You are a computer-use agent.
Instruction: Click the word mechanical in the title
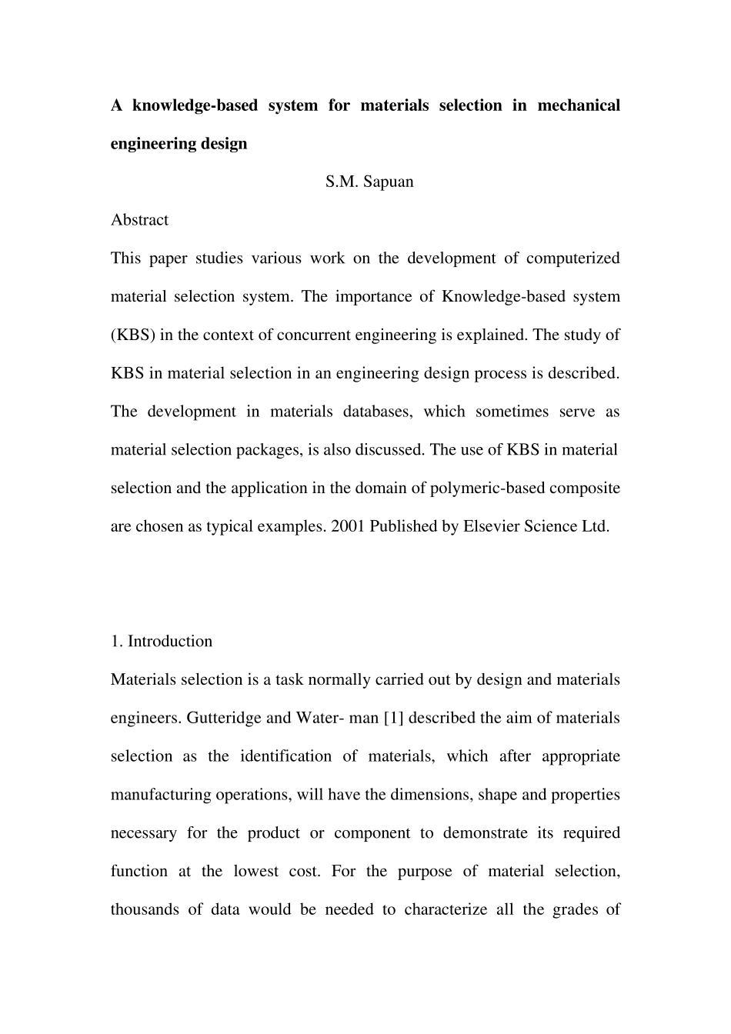click(x=578, y=105)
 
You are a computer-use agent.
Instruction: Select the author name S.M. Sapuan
click(x=369, y=182)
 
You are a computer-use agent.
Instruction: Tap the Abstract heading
click(x=139, y=220)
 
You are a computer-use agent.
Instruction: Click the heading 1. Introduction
click(x=162, y=642)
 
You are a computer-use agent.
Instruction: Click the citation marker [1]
click(x=393, y=719)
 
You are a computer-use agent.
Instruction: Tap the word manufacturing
click(x=161, y=795)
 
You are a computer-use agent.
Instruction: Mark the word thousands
click(x=144, y=910)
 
